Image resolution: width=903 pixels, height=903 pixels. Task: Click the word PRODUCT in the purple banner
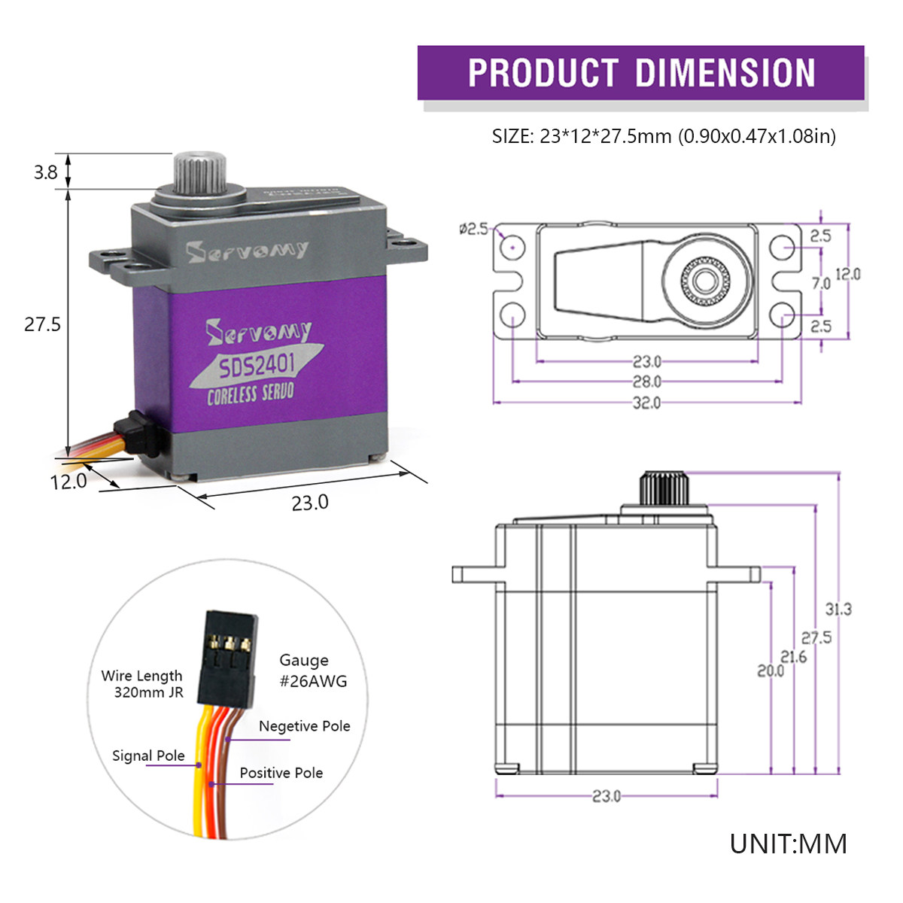(x=543, y=73)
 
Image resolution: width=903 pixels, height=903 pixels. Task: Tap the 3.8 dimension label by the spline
(x=45, y=172)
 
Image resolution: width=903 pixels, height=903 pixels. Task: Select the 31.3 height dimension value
(x=838, y=609)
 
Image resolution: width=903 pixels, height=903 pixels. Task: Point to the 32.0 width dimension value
(x=646, y=403)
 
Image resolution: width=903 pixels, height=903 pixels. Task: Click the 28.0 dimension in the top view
(x=646, y=382)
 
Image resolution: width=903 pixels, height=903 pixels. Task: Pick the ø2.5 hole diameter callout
(x=474, y=228)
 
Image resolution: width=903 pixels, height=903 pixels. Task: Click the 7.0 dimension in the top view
(x=820, y=283)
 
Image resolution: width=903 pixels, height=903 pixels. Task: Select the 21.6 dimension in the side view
(x=793, y=657)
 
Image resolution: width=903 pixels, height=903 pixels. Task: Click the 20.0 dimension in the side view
(x=770, y=670)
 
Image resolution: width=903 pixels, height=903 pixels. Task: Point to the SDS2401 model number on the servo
(x=257, y=366)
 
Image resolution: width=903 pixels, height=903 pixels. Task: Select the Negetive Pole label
(x=304, y=726)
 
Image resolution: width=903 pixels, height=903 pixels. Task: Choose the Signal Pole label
(x=148, y=756)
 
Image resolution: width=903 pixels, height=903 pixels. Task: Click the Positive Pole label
(x=281, y=773)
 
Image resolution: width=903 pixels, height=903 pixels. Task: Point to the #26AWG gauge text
(x=313, y=681)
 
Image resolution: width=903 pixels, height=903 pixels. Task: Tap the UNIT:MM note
(x=788, y=844)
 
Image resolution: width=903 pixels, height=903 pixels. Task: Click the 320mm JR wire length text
(x=148, y=692)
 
